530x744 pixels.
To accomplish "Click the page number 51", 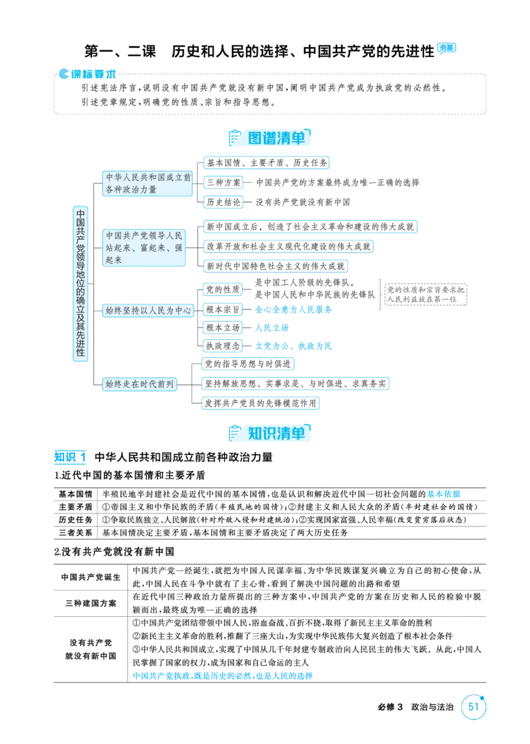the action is (474, 706).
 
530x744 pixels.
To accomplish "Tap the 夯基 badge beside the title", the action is (446, 48).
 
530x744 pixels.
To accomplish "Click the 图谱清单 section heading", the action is (276, 138).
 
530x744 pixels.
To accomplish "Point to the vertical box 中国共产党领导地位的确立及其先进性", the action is (81, 284).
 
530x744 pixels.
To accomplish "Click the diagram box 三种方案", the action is (223, 182).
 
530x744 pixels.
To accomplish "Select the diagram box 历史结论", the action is (223, 202).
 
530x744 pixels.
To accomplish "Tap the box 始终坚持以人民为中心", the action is (148, 310).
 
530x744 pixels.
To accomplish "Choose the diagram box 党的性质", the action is (223, 290).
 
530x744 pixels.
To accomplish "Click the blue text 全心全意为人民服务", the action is (293, 309).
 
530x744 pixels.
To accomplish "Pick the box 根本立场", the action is (223, 327).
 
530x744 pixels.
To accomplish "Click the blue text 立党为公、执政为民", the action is (293, 346).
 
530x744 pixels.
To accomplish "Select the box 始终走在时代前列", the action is (140, 384).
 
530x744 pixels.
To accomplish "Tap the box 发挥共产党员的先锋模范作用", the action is (260, 403).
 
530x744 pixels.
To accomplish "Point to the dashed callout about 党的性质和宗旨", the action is (425, 294).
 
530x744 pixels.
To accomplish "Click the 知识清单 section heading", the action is (276, 433).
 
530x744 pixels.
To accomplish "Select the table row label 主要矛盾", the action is (76, 507).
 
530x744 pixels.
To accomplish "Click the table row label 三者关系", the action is (76, 533).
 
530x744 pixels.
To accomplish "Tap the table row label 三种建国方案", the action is (91, 603).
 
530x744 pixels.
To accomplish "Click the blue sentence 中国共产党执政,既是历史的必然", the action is (223, 676).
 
